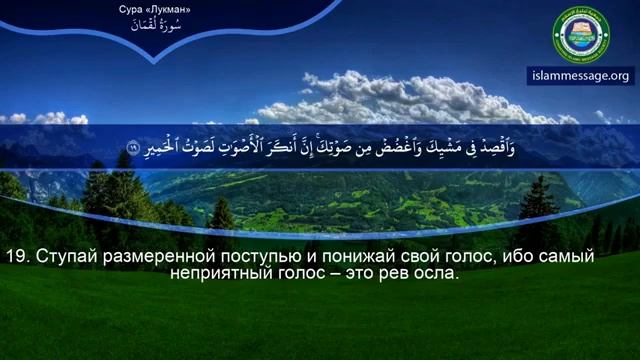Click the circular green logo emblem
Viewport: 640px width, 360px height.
581,33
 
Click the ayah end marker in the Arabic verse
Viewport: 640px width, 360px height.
133,149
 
